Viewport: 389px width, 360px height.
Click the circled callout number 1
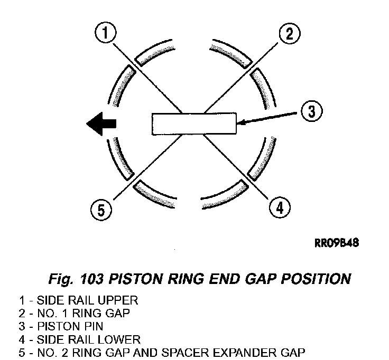click(105, 33)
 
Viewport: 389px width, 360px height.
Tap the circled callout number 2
click(290, 34)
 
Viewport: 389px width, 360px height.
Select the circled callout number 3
click(312, 111)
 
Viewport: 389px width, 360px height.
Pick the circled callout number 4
click(280, 207)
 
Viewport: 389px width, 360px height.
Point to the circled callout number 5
click(101, 210)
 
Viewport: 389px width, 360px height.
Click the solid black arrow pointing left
click(101, 124)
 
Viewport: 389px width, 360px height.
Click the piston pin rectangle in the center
click(194, 124)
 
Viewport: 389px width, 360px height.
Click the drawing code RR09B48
click(337, 243)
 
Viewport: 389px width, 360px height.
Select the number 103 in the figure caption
click(91, 279)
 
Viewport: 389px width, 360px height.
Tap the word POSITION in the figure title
click(316, 279)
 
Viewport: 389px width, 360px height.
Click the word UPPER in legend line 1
click(117, 300)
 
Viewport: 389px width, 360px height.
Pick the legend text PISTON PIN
click(70, 326)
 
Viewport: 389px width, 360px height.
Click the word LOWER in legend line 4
click(119, 339)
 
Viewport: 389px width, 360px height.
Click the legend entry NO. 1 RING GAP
click(84, 313)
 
